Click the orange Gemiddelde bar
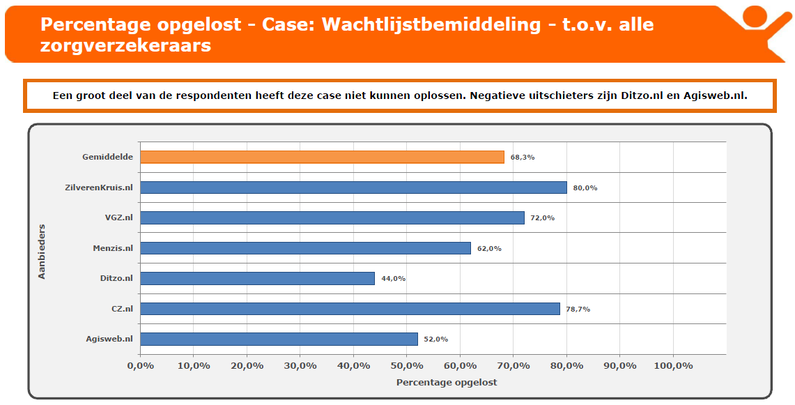(322, 157)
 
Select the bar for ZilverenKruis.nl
(353, 188)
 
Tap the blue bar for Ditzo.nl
(257, 278)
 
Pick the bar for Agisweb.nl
(279, 339)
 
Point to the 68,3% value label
(523, 158)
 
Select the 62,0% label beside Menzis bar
(490, 248)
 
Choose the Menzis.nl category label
(113, 248)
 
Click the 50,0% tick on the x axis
(407, 365)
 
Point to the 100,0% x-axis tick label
(673, 365)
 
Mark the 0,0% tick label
(140, 365)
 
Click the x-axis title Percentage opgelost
(447, 383)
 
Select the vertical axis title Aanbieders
(41, 251)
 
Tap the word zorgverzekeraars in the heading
(126, 46)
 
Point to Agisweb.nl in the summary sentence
(716, 95)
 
